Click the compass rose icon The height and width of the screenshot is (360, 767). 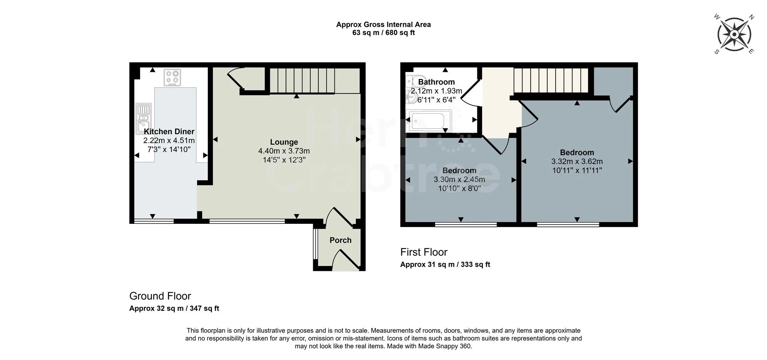734,35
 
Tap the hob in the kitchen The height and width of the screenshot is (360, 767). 173,78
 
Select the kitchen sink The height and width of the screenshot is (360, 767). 143,118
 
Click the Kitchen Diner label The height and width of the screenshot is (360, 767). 169,131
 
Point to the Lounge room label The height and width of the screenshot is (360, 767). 284,142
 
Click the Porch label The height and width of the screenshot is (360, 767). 340,240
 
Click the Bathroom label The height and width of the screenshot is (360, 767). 436,82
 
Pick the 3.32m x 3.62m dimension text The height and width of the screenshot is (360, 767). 577,161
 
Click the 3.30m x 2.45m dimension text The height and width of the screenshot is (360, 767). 459,179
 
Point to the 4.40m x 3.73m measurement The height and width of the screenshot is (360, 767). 284,151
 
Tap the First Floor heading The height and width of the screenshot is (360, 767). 424,252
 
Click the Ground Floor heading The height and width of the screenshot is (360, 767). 160,296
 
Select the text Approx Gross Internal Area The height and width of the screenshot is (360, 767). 383,24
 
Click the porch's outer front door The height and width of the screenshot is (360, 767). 346,260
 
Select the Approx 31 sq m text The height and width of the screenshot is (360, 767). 427,265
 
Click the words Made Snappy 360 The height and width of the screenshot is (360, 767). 445,346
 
